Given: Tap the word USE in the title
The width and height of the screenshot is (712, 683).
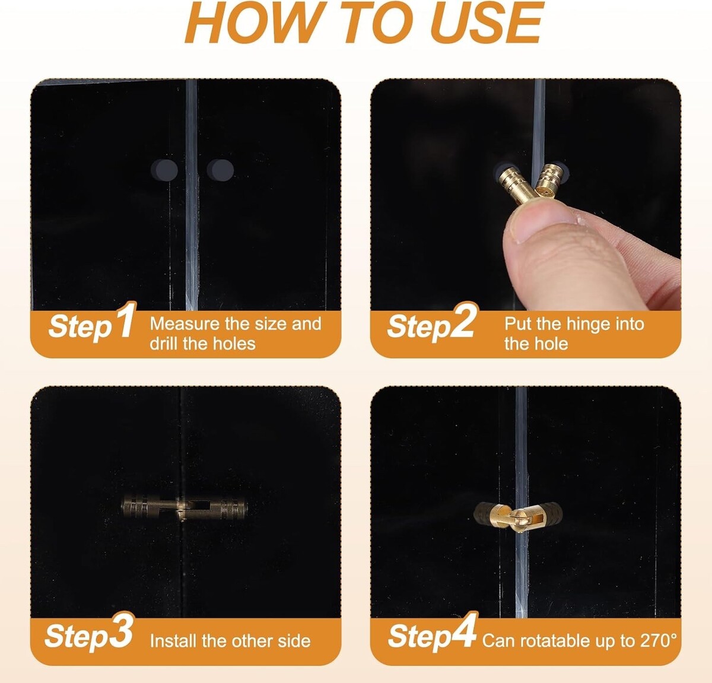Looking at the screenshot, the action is point(487,22).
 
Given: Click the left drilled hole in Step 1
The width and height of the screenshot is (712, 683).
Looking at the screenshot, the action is point(164,170).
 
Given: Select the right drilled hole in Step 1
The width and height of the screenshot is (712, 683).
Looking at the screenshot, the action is point(220,170).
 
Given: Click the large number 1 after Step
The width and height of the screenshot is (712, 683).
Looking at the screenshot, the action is point(126,320).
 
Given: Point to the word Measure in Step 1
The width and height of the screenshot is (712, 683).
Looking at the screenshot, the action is point(185,324).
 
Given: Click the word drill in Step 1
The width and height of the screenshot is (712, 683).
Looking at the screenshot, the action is point(164,344).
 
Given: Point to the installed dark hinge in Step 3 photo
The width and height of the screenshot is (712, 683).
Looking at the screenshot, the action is point(184,507).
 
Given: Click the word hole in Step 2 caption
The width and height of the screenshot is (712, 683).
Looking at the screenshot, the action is point(552,344).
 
